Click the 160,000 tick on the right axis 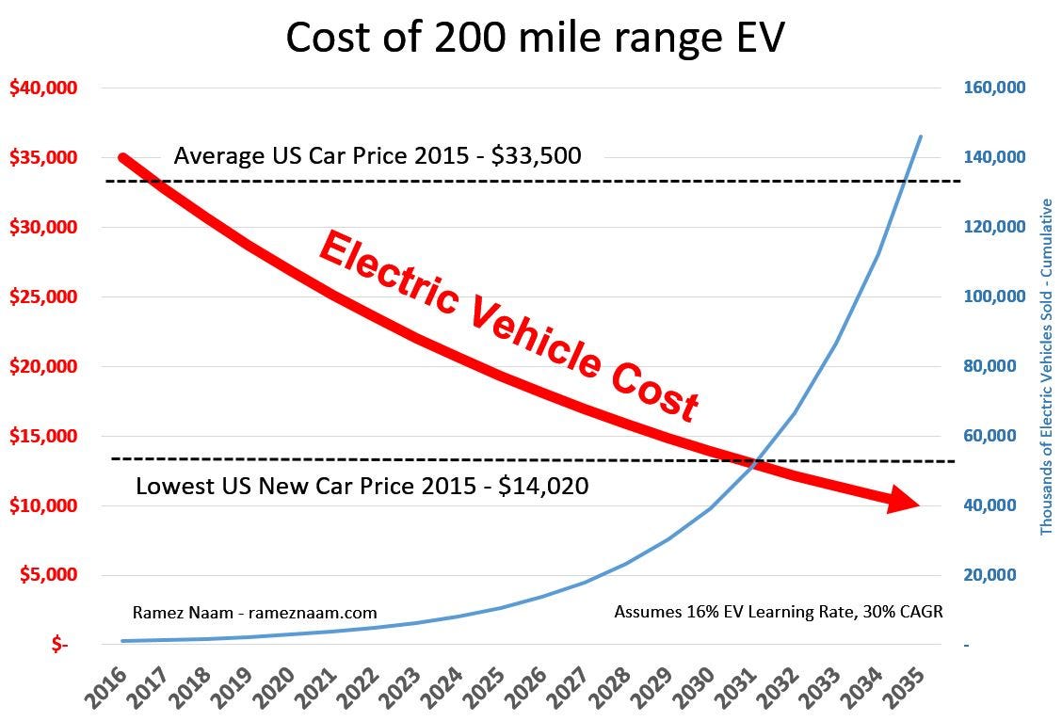point(994,88)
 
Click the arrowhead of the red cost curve point(906,502)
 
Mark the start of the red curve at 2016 point(124,158)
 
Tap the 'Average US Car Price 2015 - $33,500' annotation point(377,155)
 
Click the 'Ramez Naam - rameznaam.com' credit point(254,613)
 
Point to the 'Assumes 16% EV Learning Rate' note point(778,611)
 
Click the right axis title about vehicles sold point(1047,367)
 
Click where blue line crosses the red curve point(754,461)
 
